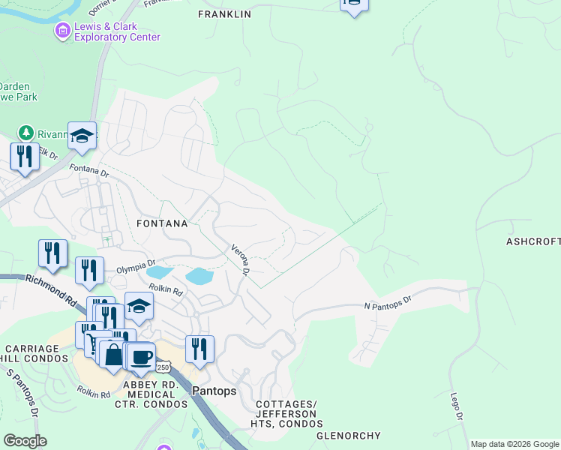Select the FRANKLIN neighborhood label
[x=224, y=14]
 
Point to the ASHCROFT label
[x=533, y=241]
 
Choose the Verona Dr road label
[x=239, y=259]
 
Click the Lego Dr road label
[x=455, y=405]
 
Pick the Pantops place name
[x=214, y=391]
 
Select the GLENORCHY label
[x=349, y=435]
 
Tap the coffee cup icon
[x=140, y=355]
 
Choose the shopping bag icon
[x=113, y=353]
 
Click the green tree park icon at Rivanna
[x=27, y=133]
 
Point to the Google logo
[x=25, y=441]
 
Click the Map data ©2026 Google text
[x=514, y=444]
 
